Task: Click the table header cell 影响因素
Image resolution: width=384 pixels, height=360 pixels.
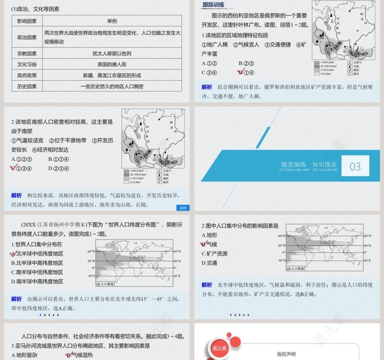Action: [x=27, y=21]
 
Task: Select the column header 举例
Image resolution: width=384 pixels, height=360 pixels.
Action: [x=112, y=21]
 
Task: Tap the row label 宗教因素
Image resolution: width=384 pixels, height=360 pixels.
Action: [x=27, y=53]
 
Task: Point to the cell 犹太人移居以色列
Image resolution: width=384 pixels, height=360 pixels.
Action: [x=112, y=53]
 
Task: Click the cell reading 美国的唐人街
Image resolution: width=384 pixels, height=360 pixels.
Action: [x=112, y=64]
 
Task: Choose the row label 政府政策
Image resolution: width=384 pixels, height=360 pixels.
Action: [x=27, y=75]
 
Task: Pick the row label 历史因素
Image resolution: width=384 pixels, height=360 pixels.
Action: [x=27, y=86]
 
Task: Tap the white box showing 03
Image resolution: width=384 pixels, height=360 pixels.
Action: [x=355, y=166]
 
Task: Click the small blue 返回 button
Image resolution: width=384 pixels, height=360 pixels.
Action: [x=183, y=208]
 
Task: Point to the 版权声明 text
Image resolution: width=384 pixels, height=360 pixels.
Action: [x=287, y=354]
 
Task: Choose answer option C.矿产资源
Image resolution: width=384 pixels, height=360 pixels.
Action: [x=214, y=254]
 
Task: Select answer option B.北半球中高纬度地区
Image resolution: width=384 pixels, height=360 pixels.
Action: [x=37, y=263]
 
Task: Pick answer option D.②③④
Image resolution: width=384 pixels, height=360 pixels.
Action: [x=59, y=168]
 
